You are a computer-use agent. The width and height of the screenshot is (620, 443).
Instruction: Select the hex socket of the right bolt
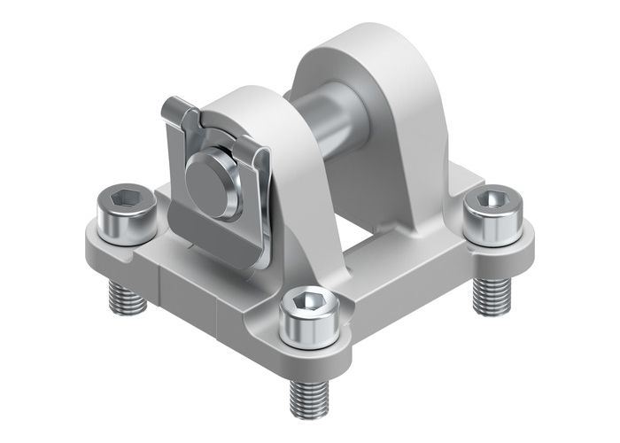(x=486, y=201)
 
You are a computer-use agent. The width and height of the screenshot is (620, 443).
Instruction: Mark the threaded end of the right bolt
(x=485, y=293)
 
